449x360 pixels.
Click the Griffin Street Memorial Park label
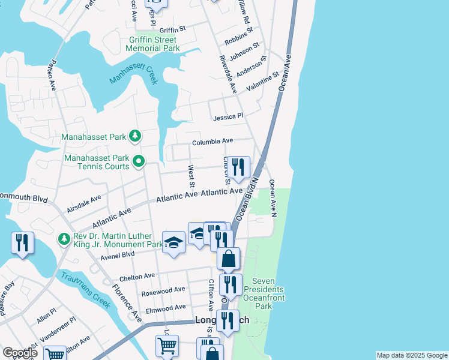click(154, 44)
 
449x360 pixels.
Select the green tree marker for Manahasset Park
click(136, 137)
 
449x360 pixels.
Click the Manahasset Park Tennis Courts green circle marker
click(139, 160)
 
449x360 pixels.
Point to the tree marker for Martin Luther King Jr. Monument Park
click(64, 239)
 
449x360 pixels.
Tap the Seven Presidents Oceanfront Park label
click(268, 293)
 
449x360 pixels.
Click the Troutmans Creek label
click(85, 289)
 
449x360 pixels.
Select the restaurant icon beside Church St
click(238, 167)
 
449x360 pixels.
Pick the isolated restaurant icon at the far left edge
click(22, 243)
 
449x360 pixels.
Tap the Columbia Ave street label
click(212, 142)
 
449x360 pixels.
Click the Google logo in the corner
click(20, 353)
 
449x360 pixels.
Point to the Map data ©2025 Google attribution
click(411, 355)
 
